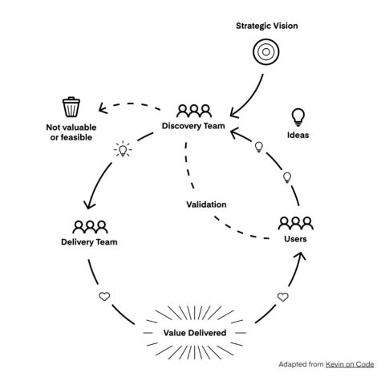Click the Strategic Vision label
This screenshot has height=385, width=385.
[267, 26]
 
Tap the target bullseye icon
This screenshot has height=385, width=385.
[266, 52]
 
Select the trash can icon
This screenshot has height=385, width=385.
[71, 107]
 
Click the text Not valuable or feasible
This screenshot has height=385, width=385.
[71, 132]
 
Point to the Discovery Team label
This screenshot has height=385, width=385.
[193, 126]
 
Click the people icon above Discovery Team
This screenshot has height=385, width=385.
[194, 111]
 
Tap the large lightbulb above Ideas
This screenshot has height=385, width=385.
[298, 117]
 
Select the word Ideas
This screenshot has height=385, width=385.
[298, 135]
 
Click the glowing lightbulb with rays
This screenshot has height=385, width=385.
[123, 149]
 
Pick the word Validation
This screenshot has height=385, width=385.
[206, 205]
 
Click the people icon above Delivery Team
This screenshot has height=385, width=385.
[90, 227]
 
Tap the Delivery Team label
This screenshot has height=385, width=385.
[89, 242]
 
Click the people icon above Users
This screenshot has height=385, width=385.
[295, 223]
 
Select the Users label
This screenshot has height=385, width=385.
[295, 239]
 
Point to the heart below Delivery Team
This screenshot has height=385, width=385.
[104, 297]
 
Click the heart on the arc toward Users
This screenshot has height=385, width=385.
[283, 297]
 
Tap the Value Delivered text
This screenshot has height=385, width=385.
[195, 333]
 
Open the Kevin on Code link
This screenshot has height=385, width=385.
[350, 364]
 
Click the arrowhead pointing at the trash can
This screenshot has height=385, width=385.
[102, 108]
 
